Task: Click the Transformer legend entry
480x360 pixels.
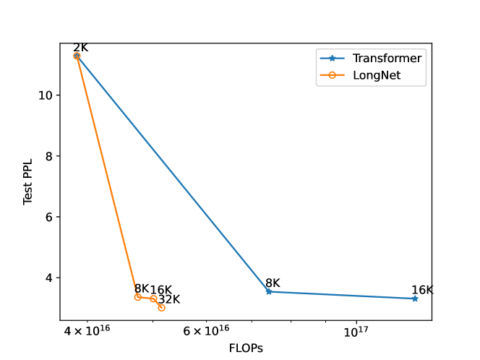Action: (387, 58)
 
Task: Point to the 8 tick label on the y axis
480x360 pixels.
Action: (48, 156)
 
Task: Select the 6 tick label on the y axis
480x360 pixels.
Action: (48, 217)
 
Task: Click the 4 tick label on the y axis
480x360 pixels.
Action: (48, 278)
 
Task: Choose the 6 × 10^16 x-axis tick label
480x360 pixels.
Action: (206, 332)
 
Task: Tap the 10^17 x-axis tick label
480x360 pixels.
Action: (356, 332)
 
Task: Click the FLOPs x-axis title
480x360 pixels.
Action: (246, 348)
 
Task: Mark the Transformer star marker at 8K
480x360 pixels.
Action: (269, 291)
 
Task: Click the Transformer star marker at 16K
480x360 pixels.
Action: (415, 299)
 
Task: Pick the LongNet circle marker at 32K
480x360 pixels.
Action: (161, 308)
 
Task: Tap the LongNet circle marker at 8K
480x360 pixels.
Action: (138, 297)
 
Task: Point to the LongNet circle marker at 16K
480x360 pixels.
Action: (153, 299)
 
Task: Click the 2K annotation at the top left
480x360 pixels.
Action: (80, 48)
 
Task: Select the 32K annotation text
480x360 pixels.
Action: (169, 299)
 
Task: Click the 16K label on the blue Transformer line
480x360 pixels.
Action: (422, 290)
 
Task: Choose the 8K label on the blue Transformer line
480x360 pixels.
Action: (273, 283)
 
